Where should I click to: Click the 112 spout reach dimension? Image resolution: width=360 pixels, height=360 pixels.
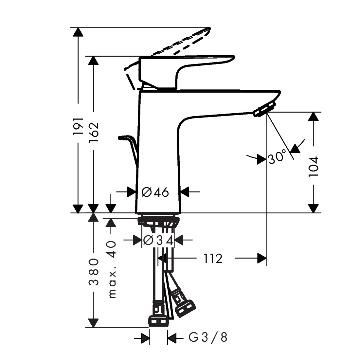point(213,259)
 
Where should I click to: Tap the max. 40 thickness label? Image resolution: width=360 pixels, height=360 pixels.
point(112,269)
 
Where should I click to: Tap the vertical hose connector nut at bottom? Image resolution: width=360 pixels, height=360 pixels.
point(159,321)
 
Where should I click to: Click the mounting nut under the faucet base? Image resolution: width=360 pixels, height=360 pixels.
point(158,222)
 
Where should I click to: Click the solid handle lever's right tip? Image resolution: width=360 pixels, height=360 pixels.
point(233,58)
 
